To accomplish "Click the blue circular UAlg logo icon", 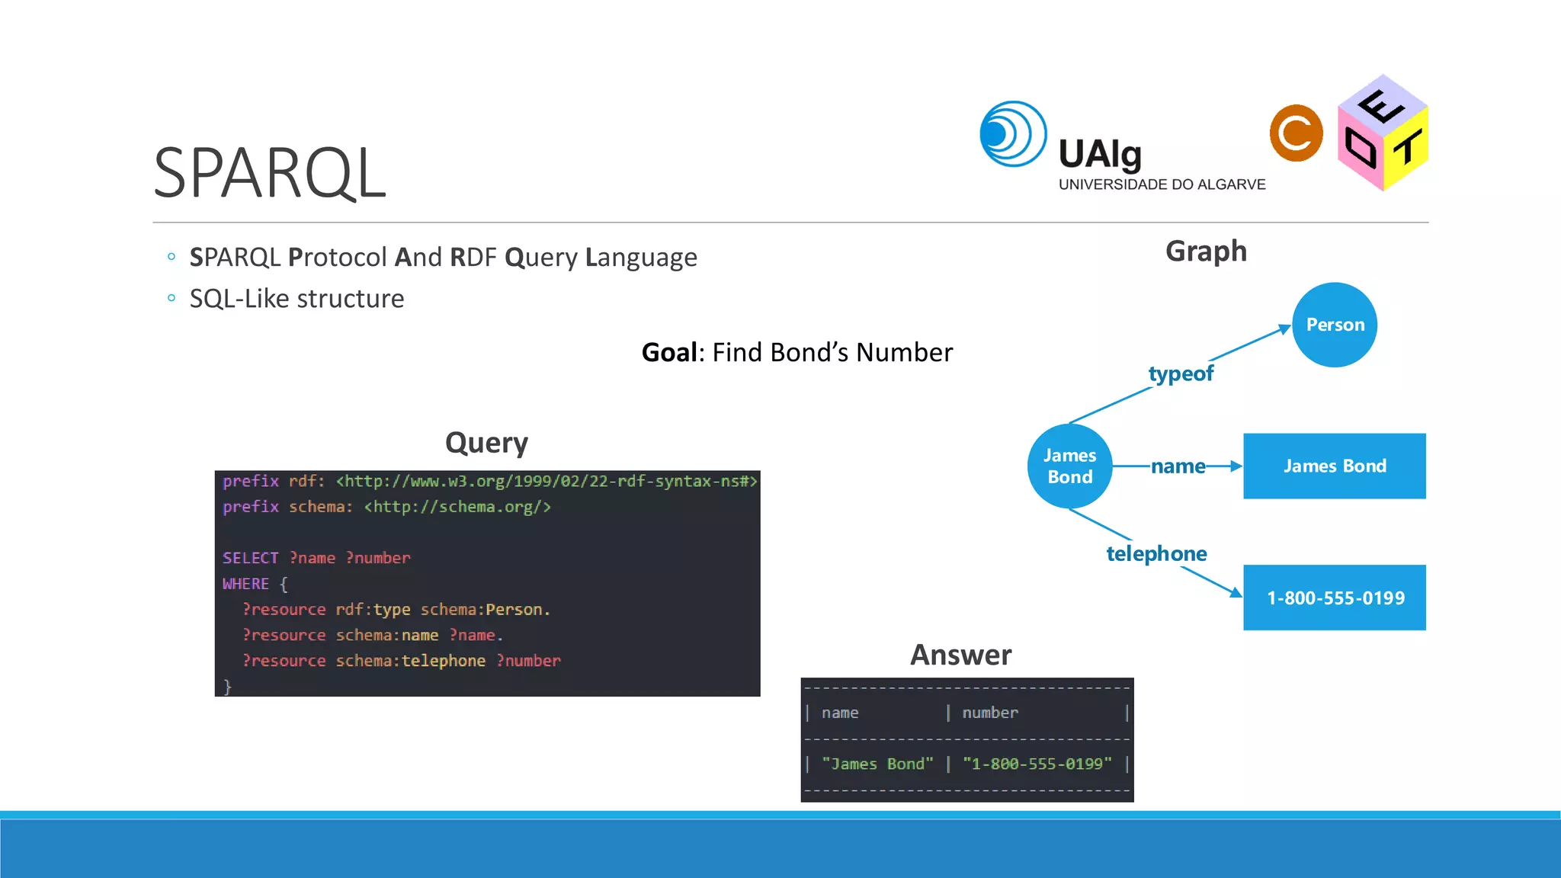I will (1012, 134).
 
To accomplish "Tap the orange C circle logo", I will (1296, 133).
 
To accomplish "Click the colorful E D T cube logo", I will (1383, 133).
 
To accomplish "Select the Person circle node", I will (1335, 325).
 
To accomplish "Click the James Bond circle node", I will (1069, 466).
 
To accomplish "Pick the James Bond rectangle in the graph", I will (1334, 466).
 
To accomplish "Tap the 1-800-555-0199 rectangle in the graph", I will (1334, 598).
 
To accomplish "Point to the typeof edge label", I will (1181, 373).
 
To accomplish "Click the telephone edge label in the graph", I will (1156, 553).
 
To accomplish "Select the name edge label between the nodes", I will (1178, 466).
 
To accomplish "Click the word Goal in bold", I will (668, 352).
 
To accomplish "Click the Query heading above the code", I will (486, 443).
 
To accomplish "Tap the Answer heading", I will (960, 655).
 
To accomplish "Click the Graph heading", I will (1206, 251).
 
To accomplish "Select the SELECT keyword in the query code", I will (250, 558).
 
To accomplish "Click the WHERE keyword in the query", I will (245, 584).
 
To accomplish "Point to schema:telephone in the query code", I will (410, 661).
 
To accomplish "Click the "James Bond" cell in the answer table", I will (877, 764).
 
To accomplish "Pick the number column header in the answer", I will (989, 713).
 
